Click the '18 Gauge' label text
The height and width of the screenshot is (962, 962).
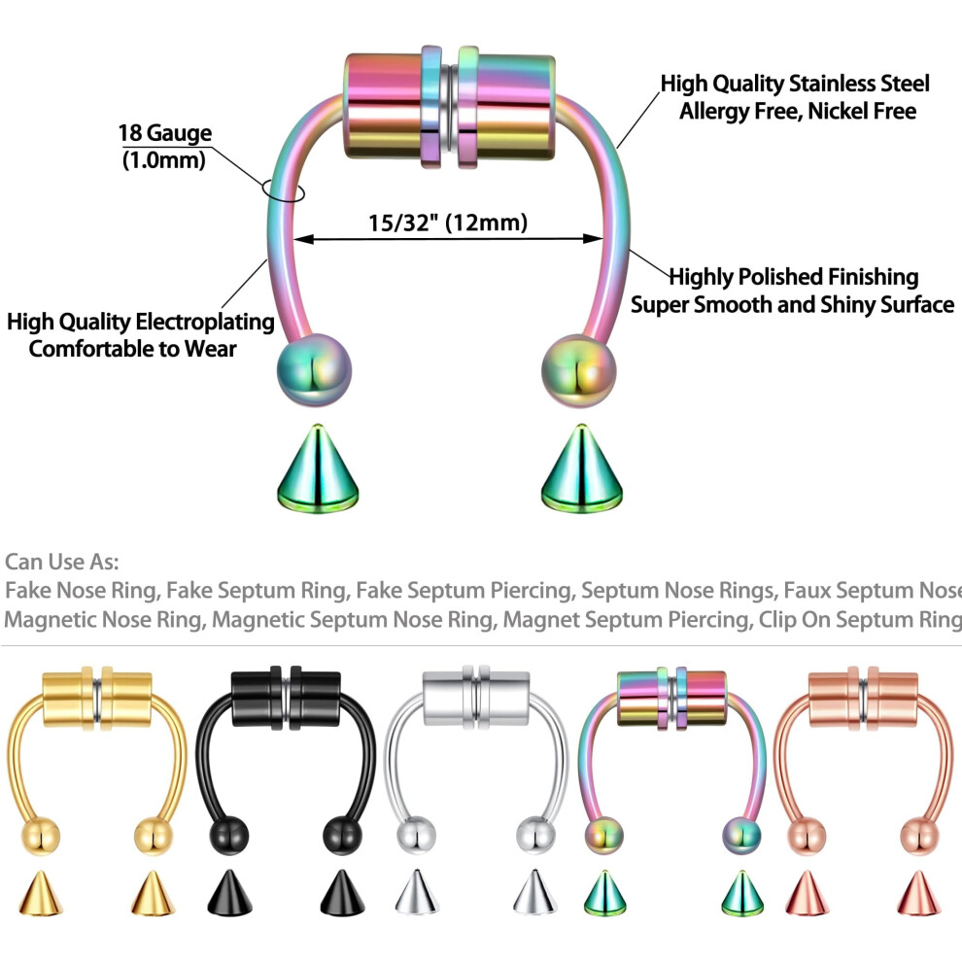pyautogui.click(x=164, y=133)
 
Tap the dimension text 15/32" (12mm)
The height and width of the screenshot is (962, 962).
pyautogui.click(x=448, y=223)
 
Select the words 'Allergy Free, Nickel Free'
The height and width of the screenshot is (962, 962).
pyautogui.click(x=798, y=112)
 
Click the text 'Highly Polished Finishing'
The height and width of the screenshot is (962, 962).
pyautogui.click(x=793, y=277)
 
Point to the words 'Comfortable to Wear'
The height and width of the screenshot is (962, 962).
pyautogui.click(x=132, y=349)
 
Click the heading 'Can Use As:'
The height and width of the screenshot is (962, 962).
pyautogui.click(x=61, y=562)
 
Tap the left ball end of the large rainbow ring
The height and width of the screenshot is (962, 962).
pyautogui.click(x=314, y=370)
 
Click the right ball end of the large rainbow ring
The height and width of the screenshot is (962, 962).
pyautogui.click(x=578, y=370)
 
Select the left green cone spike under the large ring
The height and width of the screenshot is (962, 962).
pyautogui.click(x=317, y=468)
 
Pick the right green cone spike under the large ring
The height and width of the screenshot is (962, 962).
pyautogui.click(x=582, y=468)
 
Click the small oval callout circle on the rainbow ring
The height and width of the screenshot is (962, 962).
pyautogui.click(x=283, y=189)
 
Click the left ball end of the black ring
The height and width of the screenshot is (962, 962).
pyautogui.click(x=229, y=836)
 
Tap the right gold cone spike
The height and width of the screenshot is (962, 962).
pyautogui.click(x=153, y=893)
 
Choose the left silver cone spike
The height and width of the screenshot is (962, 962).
pyautogui.click(x=417, y=892)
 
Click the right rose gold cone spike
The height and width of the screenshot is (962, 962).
pyautogui.click(x=918, y=893)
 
